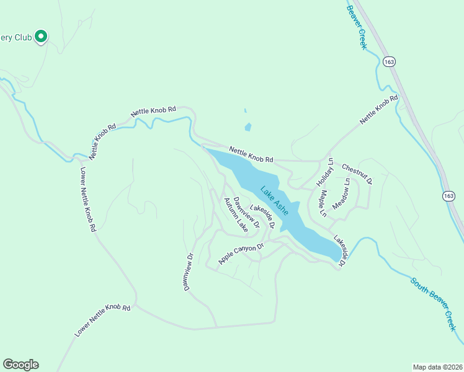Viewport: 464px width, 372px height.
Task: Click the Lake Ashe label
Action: pos(274,200)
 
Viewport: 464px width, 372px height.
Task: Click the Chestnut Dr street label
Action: pos(356,174)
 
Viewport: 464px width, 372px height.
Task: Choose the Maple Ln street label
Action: pos(323,203)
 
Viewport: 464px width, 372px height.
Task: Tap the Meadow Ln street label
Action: pos(341,193)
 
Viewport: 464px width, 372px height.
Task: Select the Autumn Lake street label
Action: pos(236,215)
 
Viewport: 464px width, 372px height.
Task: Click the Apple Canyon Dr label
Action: pos(241,254)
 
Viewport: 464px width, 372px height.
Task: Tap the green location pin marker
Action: pos(41,37)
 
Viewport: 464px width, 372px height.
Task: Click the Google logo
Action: pos(20,365)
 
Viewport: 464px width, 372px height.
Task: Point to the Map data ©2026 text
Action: pos(437,366)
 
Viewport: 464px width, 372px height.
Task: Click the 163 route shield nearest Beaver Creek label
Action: pos(389,62)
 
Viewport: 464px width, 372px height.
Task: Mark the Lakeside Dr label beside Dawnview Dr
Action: pos(262,215)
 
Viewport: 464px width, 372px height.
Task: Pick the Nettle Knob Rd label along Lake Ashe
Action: pos(251,154)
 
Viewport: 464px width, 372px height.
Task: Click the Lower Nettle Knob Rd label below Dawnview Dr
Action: pos(102,320)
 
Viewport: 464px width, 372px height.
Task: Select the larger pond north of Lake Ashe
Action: pos(248,127)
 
